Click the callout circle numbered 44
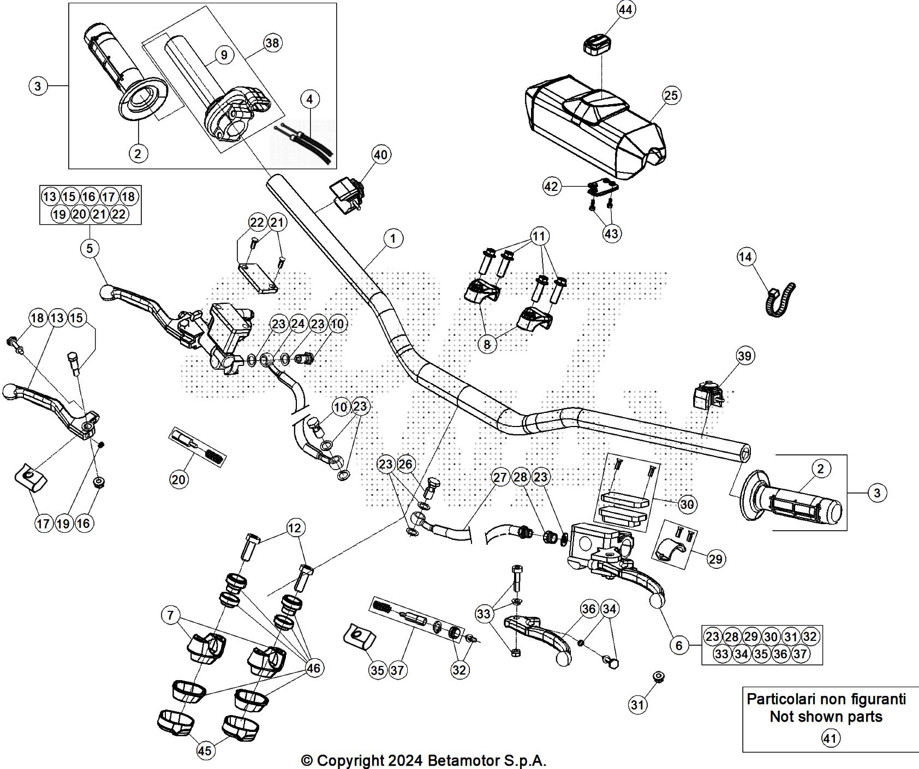[x=627, y=10]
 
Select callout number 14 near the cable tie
[x=746, y=256]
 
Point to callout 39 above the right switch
[x=744, y=356]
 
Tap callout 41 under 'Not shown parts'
[x=831, y=738]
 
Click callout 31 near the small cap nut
[x=637, y=705]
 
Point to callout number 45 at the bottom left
[x=204, y=751]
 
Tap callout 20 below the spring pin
[x=179, y=479]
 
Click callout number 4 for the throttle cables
[x=309, y=100]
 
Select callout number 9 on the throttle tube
[x=224, y=55]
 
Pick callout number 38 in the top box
[x=272, y=43]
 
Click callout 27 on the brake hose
[x=500, y=477]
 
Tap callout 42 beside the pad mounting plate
[x=552, y=187]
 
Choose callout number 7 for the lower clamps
[x=171, y=616]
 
